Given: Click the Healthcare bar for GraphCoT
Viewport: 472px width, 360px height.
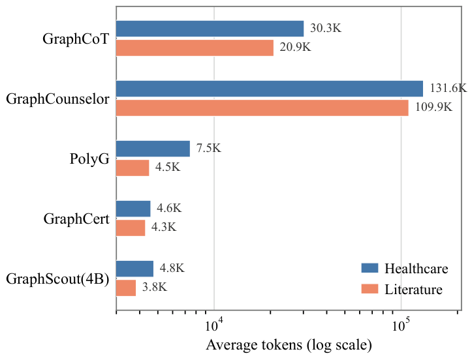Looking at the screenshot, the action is (x=210, y=29).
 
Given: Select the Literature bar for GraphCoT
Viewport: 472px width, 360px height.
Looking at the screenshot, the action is (x=195, y=48).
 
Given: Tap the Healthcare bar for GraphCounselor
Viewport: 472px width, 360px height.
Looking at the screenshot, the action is (x=270, y=89).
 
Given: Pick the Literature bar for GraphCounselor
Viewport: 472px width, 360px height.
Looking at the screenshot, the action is (x=262, y=108).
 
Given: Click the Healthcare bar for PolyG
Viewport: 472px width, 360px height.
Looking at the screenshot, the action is (x=153, y=149).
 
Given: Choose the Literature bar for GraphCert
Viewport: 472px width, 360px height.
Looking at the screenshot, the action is (x=131, y=228).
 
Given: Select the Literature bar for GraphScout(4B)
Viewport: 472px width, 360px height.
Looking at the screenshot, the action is (x=126, y=288).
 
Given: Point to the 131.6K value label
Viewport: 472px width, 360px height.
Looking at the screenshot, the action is (x=448, y=88).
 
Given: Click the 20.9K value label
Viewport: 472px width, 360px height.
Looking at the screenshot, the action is (x=295, y=47).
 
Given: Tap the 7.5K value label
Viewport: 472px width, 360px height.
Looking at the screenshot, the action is (x=209, y=148).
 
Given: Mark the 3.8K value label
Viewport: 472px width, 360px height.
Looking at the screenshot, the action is (x=155, y=287).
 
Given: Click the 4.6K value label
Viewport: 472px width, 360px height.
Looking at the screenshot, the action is (x=169, y=208).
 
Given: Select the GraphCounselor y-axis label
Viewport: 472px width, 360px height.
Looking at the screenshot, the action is (x=57, y=98).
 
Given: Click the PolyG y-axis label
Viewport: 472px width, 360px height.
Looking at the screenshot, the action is (x=89, y=158).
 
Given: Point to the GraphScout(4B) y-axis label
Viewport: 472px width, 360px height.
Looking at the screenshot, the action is (x=57, y=278).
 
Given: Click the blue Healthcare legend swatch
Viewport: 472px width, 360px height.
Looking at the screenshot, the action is (x=370, y=268).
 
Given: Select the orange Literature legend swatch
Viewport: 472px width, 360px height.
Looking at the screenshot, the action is (x=370, y=289).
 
